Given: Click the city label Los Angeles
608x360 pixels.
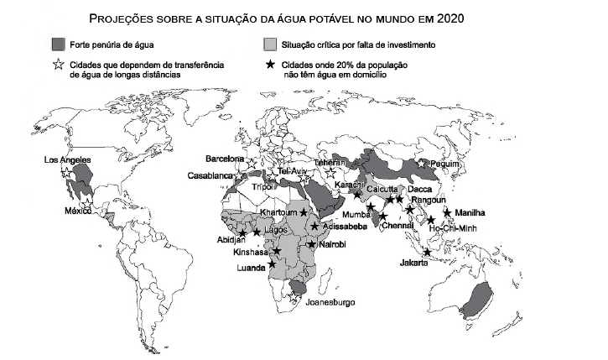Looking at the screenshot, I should click(68, 159).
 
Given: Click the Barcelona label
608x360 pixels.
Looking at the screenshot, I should click(226, 159).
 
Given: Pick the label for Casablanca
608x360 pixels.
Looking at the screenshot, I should click(209, 175).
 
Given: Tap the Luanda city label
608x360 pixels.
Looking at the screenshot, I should click(252, 270).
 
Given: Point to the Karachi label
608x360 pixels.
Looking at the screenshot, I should click(348, 185).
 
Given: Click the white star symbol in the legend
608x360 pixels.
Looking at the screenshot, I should click(59, 65).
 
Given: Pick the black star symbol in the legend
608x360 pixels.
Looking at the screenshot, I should click(270, 65).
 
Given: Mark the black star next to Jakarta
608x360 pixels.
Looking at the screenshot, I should click(428, 253).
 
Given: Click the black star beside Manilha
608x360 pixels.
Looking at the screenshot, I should click(447, 212).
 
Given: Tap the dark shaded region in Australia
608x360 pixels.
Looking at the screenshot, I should click(478, 297).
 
